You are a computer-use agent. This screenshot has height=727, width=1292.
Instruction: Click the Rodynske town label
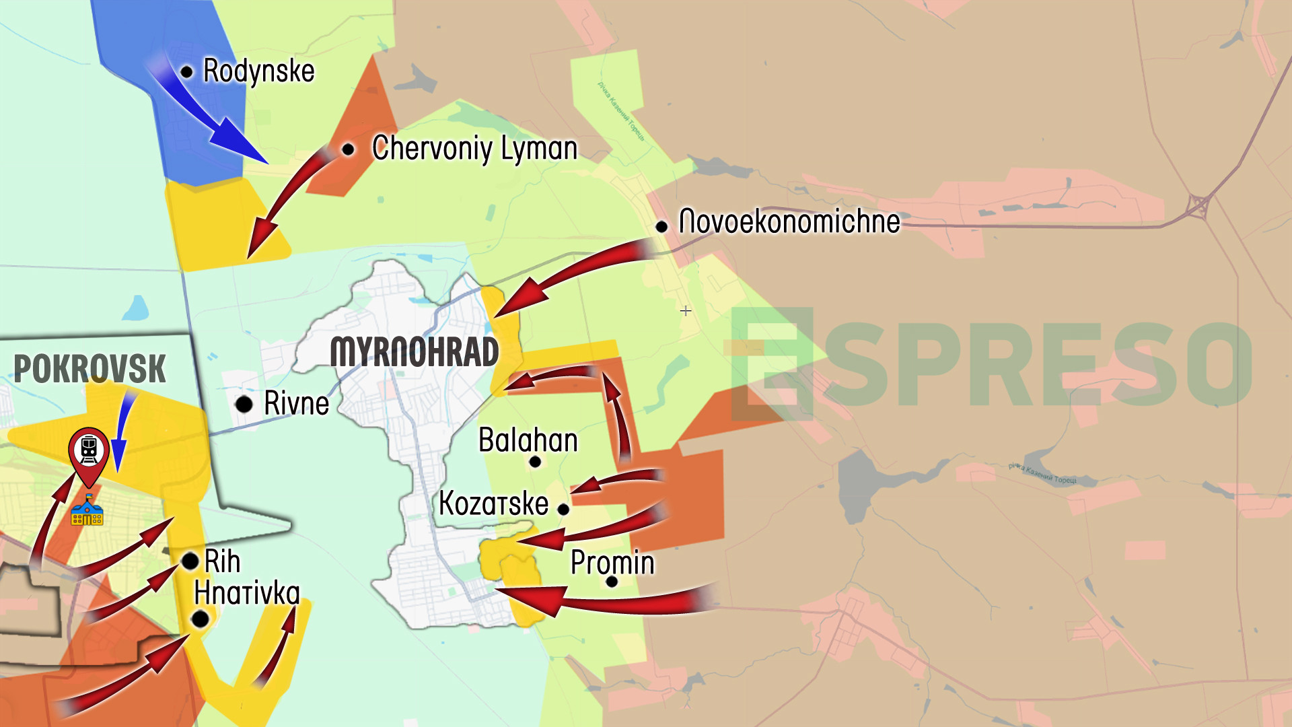coord(258,71)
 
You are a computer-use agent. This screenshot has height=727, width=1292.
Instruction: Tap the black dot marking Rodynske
coord(187,72)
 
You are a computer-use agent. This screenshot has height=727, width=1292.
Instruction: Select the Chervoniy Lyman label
coord(474,148)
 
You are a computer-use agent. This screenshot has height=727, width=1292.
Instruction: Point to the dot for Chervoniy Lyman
coord(348,149)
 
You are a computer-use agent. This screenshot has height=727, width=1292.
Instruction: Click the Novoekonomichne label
coord(789,221)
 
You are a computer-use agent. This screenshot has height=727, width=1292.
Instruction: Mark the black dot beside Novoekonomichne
coord(661,227)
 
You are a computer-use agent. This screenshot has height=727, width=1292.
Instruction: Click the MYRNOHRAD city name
coord(415,352)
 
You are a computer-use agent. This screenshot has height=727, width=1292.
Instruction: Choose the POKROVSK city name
coord(89,368)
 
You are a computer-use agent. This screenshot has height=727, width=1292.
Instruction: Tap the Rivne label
coord(296,403)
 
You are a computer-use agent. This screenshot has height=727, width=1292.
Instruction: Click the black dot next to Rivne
coord(244,405)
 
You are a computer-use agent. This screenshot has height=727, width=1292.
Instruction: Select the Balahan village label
coord(528,440)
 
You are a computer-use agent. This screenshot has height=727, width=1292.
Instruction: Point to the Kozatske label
coord(493,504)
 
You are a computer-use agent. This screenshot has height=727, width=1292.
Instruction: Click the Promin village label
coord(612,563)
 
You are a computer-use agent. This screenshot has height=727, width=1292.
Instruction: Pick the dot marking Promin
coord(612,582)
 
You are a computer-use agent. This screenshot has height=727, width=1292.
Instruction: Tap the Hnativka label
coord(246,593)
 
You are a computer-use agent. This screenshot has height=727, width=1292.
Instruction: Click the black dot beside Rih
coord(190,561)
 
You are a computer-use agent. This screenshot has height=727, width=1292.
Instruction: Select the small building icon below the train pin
coord(87,511)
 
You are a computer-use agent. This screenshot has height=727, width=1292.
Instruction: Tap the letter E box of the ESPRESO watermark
coord(773,364)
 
